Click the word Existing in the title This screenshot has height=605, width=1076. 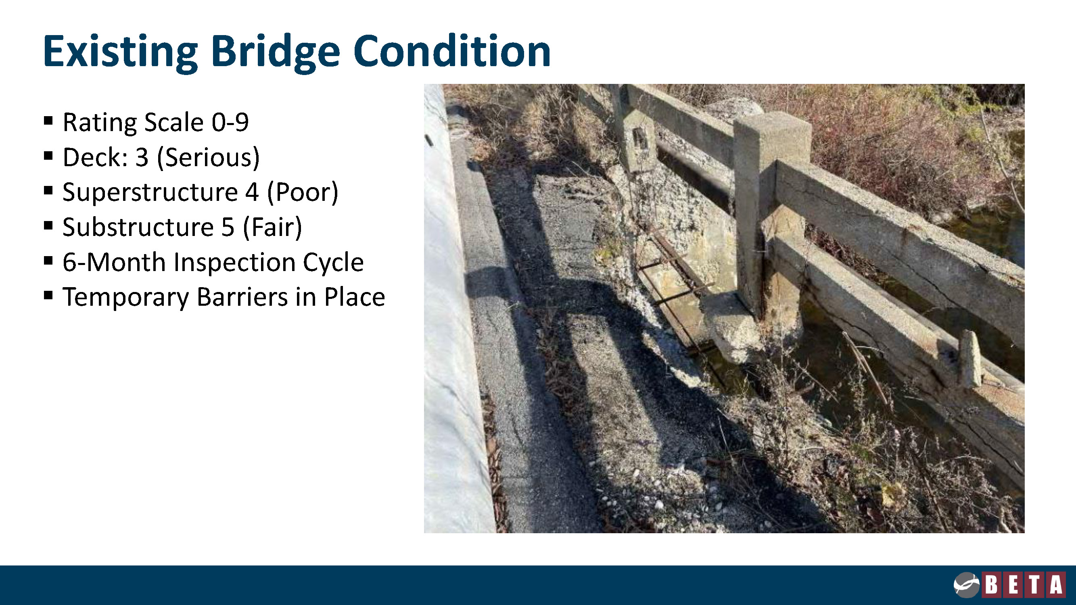(120, 52)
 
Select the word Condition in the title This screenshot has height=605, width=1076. (452, 50)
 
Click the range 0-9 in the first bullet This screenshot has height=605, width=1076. (230, 122)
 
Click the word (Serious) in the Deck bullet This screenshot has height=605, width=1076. (208, 158)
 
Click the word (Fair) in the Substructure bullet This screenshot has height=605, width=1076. (272, 228)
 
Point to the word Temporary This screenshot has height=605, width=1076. (126, 298)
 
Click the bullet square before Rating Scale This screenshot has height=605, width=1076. (48, 121)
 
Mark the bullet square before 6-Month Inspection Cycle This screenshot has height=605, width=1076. (48, 261)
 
